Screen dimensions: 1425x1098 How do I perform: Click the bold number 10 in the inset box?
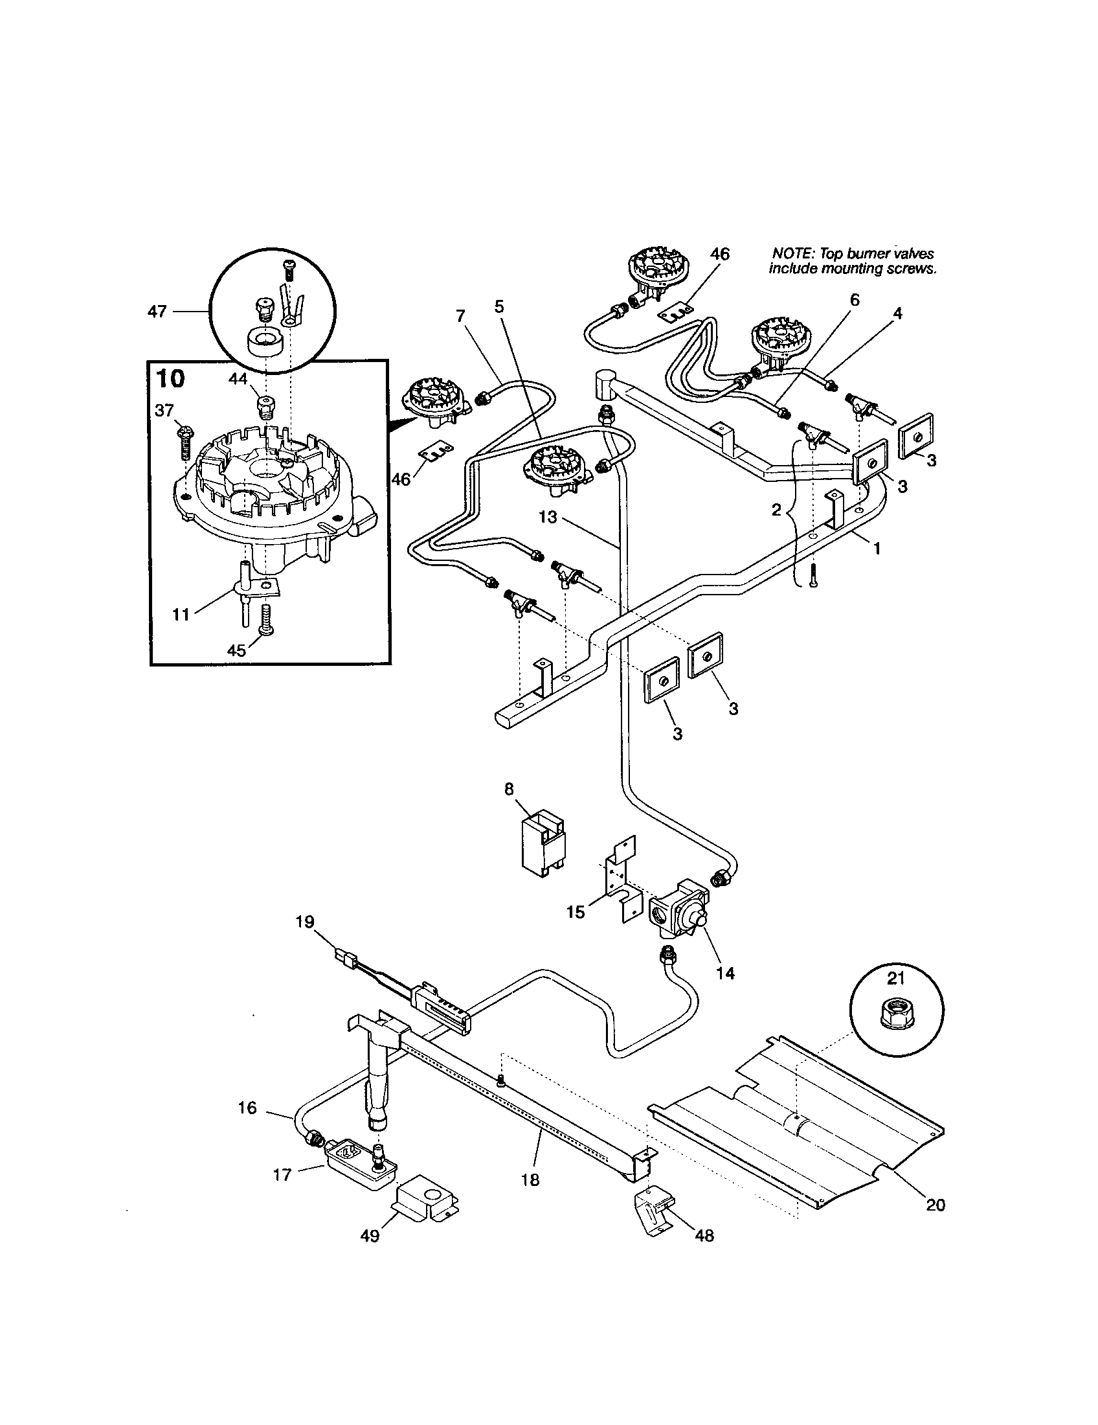pos(170,379)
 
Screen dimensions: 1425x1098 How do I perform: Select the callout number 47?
pos(157,312)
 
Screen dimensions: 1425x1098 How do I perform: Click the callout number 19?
pos(304,921)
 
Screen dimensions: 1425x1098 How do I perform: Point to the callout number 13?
pos(548,517)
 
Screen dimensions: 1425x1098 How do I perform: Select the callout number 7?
pos(461,316)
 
